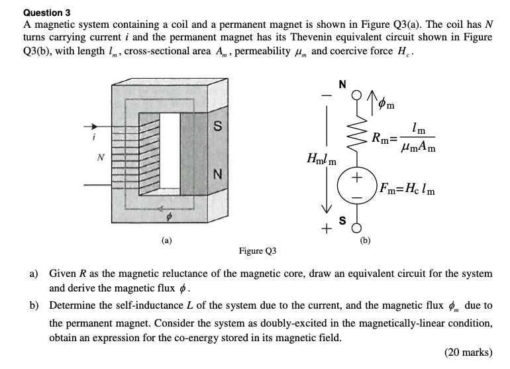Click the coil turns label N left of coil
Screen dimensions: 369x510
[x=101, y=158]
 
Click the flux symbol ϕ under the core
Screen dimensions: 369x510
[x=168, y=217]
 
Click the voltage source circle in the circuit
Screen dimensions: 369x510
[x=357, y=184]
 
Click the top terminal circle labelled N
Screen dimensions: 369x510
[x=357, y=98]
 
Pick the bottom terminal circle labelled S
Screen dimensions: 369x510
[x=357, y=229]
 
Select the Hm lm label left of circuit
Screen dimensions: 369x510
[x=323, y=160]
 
